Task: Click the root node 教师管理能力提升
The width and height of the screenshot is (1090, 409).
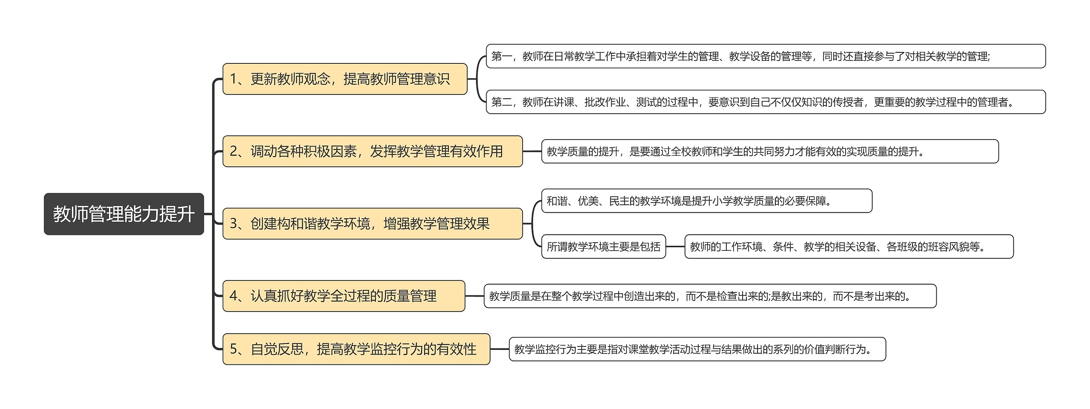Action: click(123, 214)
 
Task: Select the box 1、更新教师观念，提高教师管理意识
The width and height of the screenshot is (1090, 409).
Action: click(345, 79)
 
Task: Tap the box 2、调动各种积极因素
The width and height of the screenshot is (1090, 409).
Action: click(372, 151)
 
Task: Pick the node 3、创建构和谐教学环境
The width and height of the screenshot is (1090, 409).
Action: click(372, 223)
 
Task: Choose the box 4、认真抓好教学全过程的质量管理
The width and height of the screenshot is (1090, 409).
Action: click(344, 296)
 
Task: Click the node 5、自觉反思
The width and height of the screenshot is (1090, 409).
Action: click(356, 349)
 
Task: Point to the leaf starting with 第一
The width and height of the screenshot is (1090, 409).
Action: click(766, 56)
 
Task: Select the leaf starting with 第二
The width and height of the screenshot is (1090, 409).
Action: click(766, 102)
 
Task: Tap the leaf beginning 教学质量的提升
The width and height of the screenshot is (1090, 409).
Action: click(769, 151)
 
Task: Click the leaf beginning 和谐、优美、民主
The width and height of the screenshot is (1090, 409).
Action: click(706, 201)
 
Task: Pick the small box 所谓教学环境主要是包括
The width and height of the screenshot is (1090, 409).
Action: click(603, 246)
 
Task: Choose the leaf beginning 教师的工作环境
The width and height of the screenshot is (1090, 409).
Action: click(849, 246)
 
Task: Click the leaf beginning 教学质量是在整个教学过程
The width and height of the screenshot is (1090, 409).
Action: click(710, 296)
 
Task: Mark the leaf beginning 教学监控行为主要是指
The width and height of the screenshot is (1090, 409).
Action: click(697, 349)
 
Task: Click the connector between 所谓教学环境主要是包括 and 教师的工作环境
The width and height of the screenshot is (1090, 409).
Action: click(675, 246)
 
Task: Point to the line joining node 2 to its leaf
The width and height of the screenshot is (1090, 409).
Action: click(532, 151)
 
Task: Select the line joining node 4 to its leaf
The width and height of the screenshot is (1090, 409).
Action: click(474, 296)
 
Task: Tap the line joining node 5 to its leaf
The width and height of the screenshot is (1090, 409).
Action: click(499, 349)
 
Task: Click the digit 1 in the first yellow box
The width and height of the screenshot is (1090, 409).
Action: click(233, 79)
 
